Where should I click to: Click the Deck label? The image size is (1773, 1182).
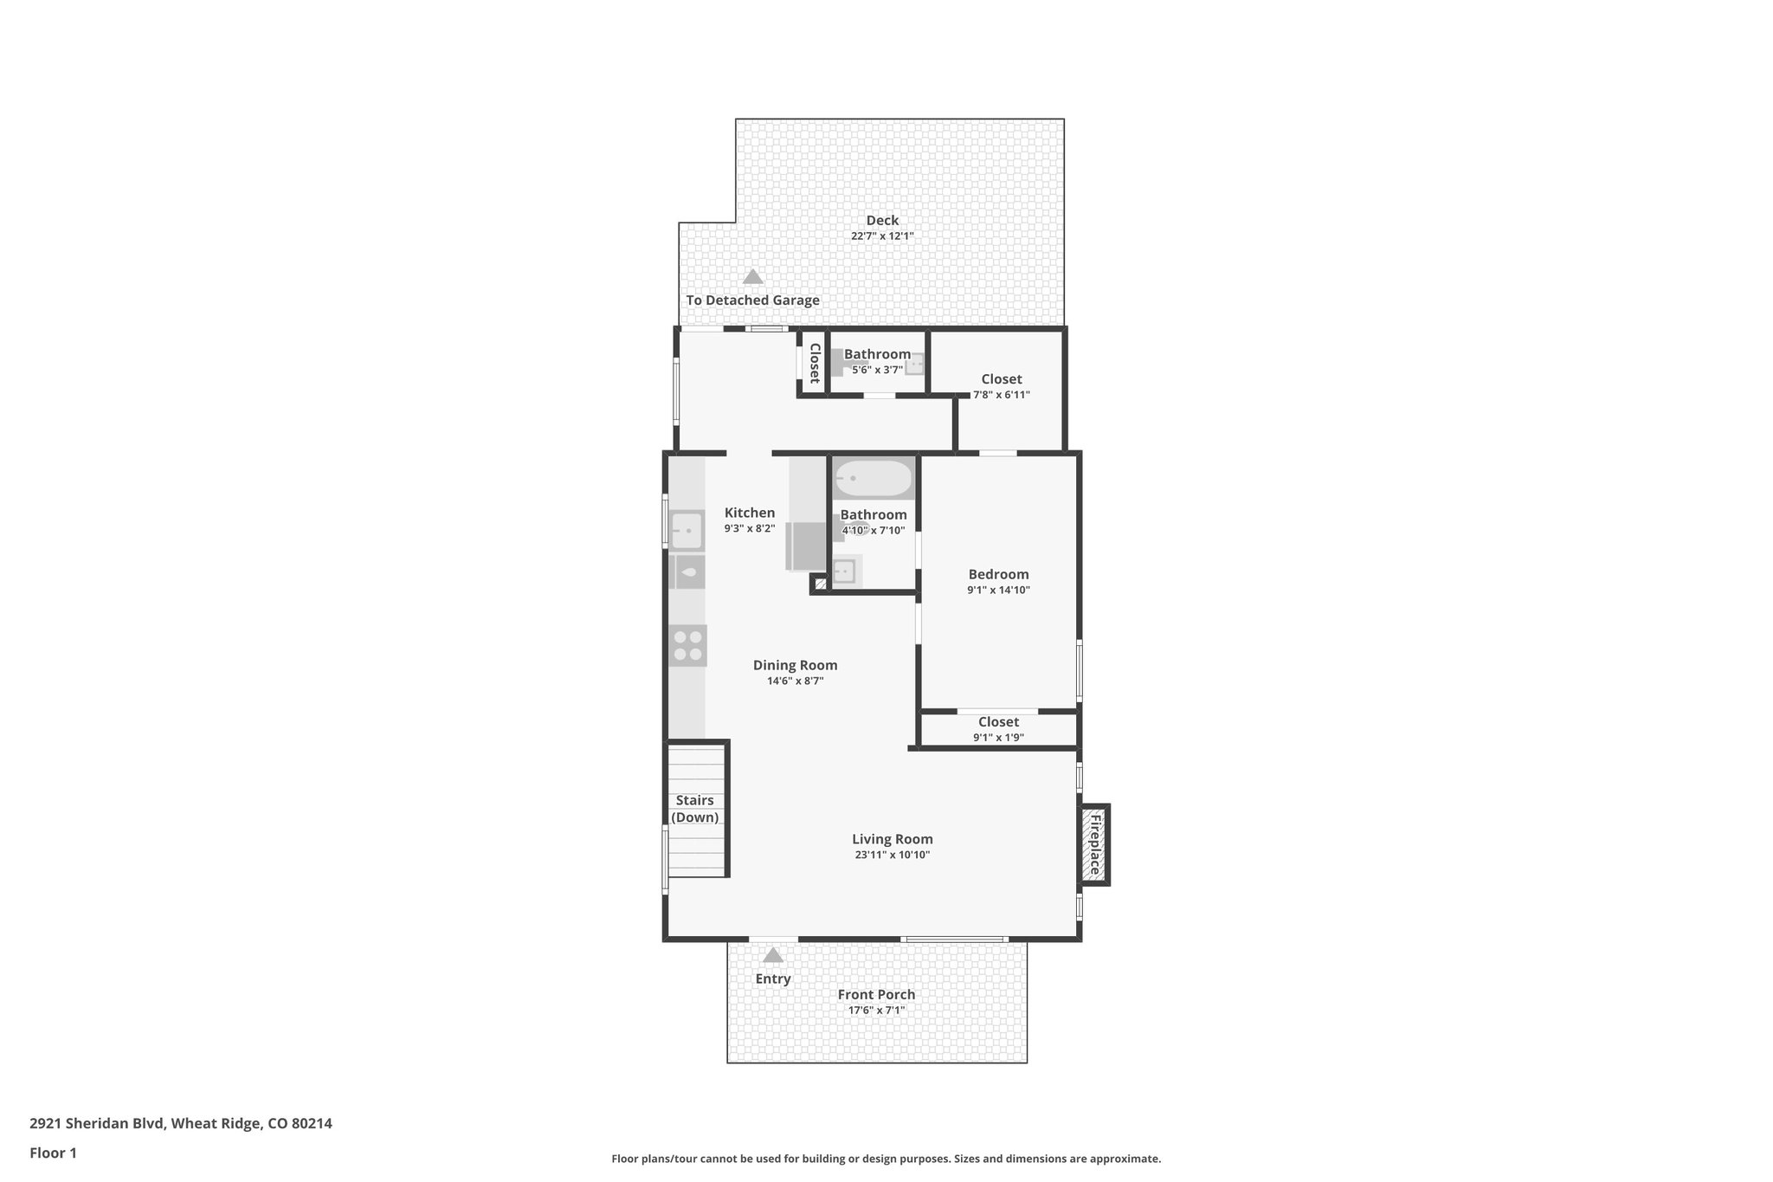882,221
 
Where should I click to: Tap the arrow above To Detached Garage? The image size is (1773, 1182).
752,277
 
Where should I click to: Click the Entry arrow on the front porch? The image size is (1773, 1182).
773,955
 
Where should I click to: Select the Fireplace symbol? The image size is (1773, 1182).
1094,844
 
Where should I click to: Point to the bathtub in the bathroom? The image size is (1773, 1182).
874,478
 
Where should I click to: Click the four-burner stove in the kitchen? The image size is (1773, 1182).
688,645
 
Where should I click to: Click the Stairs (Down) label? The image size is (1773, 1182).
695,809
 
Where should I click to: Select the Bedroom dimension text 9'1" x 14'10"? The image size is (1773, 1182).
998,591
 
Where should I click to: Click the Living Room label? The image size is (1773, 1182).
892,838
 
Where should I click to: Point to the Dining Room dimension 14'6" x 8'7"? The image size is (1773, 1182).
795,681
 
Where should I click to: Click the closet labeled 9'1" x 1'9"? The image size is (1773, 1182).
998,729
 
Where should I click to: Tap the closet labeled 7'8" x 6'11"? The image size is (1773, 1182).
1001,386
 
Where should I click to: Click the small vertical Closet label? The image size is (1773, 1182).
814,363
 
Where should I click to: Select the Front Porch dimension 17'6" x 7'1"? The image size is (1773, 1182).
876,1011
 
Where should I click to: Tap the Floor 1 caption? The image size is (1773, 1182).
54,1153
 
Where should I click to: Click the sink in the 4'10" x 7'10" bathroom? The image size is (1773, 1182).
843,572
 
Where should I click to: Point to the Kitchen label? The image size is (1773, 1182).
750,513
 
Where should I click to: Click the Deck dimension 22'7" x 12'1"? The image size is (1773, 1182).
882,236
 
